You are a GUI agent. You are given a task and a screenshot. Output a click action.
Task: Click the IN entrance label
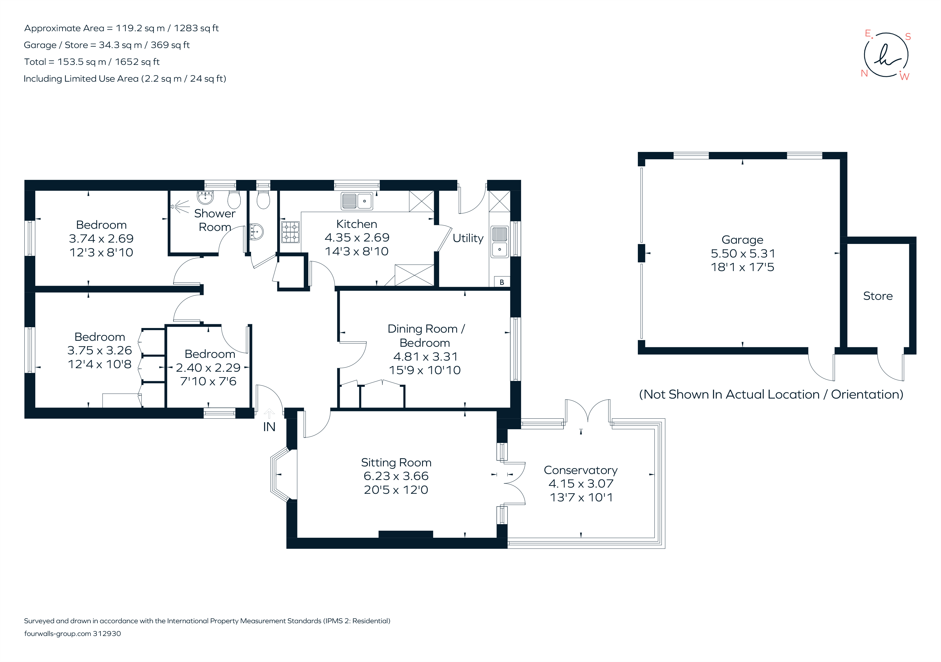pos(269,427)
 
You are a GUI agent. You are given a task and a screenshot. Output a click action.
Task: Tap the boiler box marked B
pos(502,282)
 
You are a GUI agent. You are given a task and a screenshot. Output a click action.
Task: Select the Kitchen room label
pos(357,224)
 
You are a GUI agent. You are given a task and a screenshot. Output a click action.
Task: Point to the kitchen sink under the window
pos(357,201)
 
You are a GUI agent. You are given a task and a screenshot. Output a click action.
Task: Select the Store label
pos(877,296)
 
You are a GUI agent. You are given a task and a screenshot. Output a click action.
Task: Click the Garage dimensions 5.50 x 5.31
pos(743,254)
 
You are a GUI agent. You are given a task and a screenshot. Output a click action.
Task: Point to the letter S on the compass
pos(908,37)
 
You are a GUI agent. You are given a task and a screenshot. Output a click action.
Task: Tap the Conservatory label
pos(580,470)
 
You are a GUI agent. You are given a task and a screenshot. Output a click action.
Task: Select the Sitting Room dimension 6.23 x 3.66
pos(396,476)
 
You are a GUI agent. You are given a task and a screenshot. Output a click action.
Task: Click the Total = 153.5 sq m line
pos(92,62)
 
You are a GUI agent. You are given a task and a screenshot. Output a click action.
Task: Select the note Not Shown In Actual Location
pos(771,394)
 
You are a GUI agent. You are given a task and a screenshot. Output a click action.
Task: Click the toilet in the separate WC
pos(263,200)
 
